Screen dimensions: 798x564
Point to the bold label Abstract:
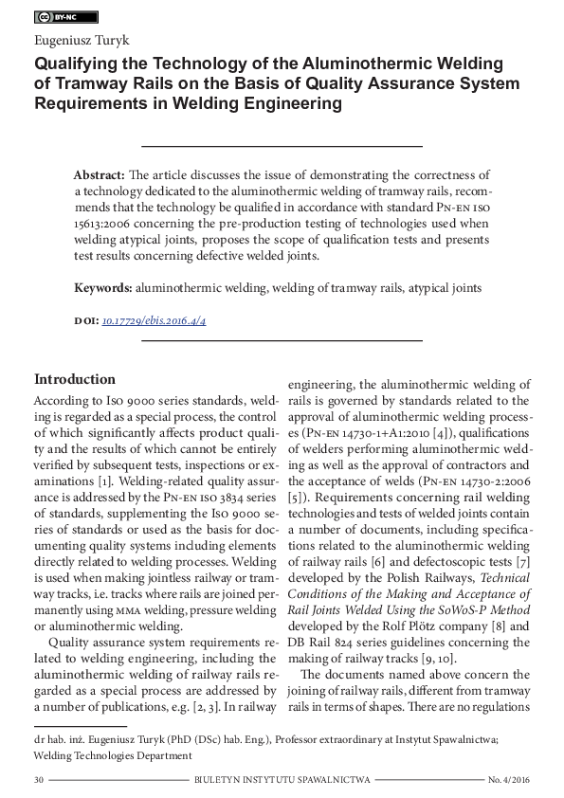[99, 176]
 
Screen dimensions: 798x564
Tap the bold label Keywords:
[103, 286]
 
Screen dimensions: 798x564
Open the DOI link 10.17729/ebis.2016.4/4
[154, 321]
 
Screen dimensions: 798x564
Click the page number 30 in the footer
[39, 779]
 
